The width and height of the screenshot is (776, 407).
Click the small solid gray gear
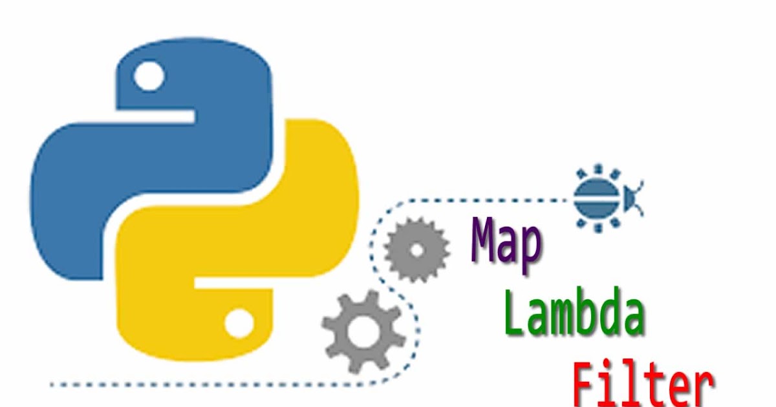pos(417,249)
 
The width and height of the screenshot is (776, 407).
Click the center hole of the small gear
pos(417,249)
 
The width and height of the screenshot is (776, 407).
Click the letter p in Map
pos(530,249)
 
